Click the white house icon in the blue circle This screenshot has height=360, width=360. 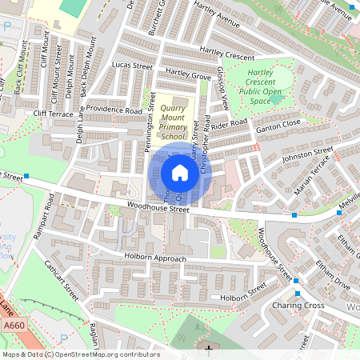(180, 172)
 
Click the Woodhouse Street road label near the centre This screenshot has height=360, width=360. (157, 210)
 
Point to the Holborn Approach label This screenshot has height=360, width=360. (154, 258)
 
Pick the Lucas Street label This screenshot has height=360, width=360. (132, 66)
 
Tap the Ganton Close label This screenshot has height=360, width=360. (278, 125)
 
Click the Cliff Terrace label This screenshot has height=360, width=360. (53, 114)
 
